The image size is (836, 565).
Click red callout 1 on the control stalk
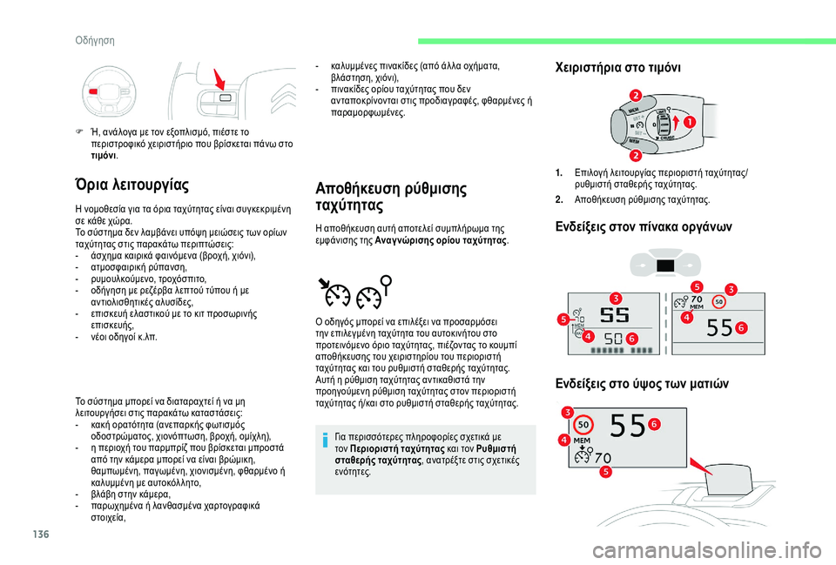point(688,122)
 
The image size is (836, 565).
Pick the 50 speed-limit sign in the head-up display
point(584,425)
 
